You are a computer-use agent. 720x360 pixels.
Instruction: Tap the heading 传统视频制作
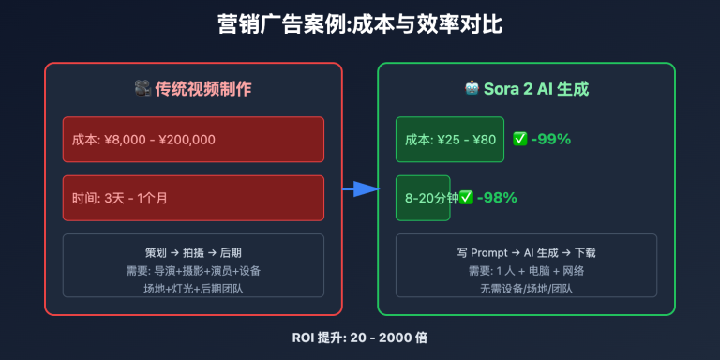tap(201, 89)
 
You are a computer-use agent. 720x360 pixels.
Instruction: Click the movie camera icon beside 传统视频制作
tap(142, 89)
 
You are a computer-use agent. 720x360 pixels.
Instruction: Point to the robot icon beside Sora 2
tap(472, 89)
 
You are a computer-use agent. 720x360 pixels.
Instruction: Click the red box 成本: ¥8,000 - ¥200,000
tap(193, 140)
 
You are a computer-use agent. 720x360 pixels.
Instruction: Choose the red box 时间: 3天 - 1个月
tap(193, 198)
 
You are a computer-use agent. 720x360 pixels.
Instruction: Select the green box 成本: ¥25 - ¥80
tap(449, 140)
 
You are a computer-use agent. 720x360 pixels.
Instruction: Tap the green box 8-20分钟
tap(422, 198)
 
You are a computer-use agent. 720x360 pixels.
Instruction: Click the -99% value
tap(550, 140)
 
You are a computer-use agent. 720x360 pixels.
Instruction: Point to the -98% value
tap(497, 198)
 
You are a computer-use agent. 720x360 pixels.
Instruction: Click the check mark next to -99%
tap(520, 140)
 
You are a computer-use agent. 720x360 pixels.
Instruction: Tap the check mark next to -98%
tap(466, 198)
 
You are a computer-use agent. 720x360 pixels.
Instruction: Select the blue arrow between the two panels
tap(359, 190)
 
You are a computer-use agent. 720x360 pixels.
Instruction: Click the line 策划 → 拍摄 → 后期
tap(193, 252)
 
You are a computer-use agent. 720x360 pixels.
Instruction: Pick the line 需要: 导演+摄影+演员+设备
tap(193, 270)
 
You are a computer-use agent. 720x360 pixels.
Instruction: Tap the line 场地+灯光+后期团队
tap(193, 288)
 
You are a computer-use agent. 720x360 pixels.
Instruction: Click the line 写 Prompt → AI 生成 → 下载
tap(526, 252)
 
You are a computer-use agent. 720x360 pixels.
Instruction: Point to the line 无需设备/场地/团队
tap(526, 288)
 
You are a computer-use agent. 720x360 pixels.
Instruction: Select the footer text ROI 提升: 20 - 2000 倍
tap(360, 336)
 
